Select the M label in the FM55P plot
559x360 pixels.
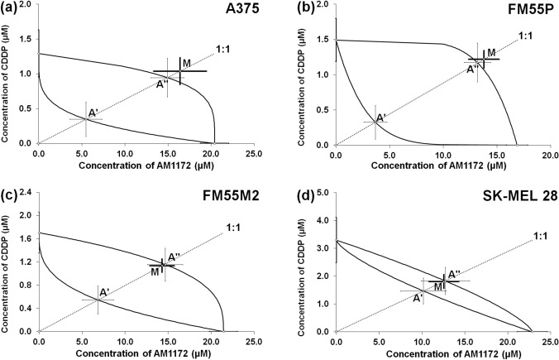coord(491,53)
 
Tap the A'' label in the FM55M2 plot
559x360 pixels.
coord(174,257)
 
